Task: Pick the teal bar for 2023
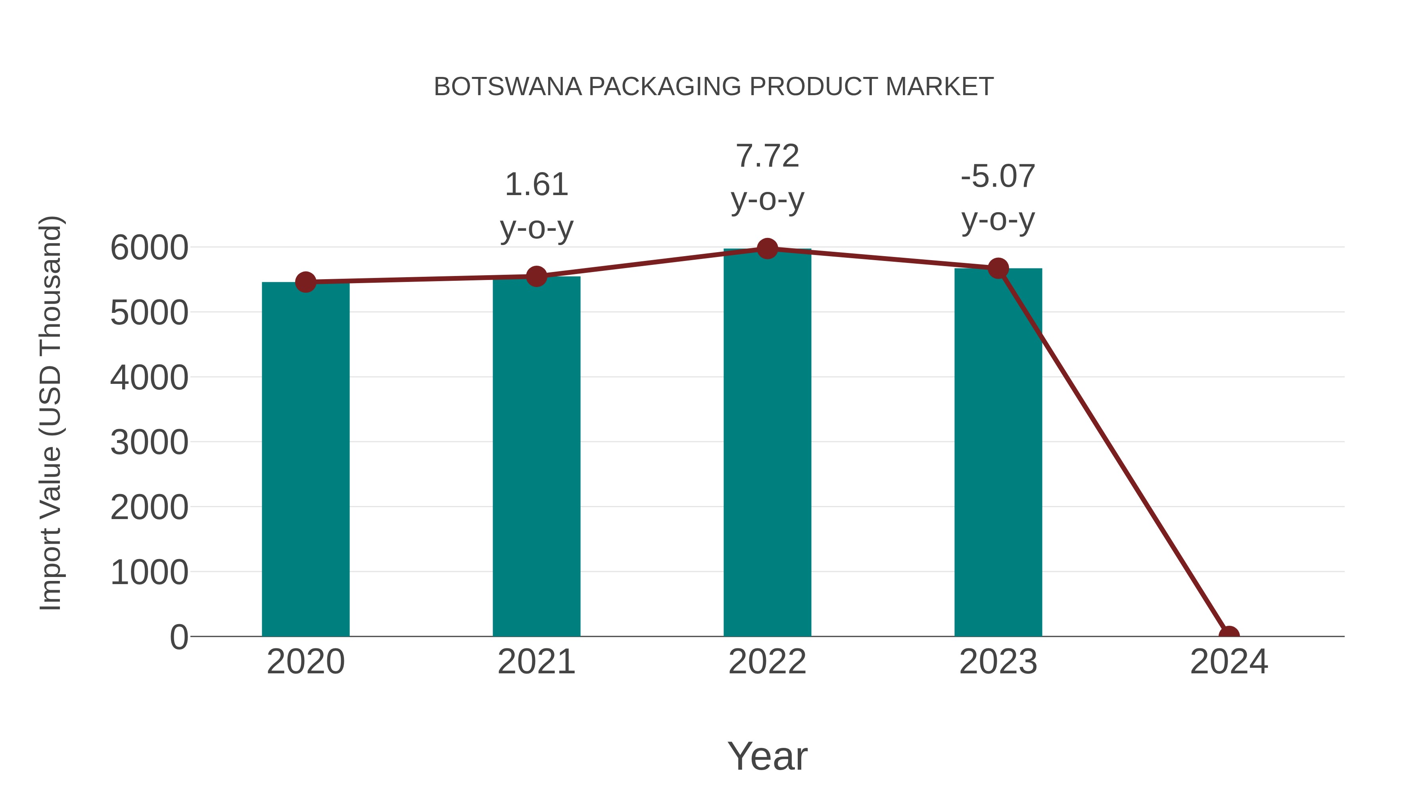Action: [998, 452]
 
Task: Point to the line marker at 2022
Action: [767, 249]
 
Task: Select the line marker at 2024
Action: [1229, 635]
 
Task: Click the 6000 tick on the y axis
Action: [149, 248]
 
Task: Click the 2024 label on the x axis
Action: [1229, 662]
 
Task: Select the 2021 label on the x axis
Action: [536, 662]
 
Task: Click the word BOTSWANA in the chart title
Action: [507, 87]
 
